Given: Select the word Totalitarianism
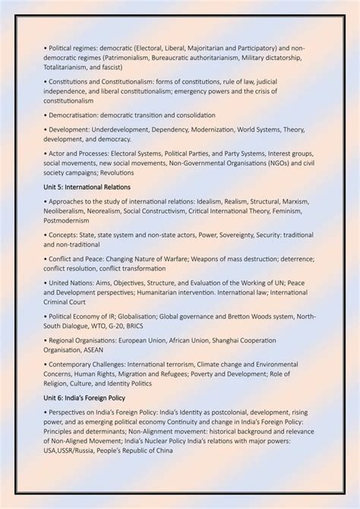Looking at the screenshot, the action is coord(68,67).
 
